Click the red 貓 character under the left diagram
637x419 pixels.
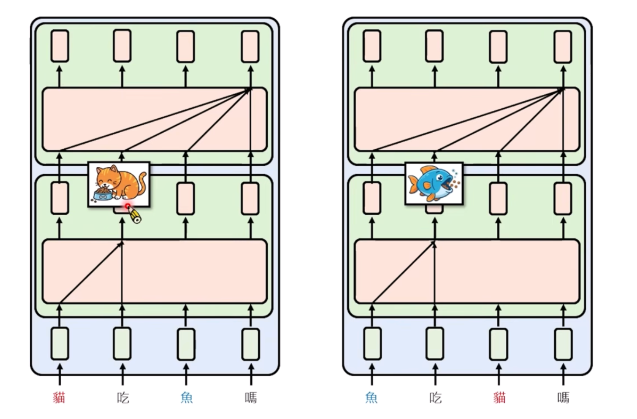click(x=59, y=398)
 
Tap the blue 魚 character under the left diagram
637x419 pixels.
click(x=187, y=398)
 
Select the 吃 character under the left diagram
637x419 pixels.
click(x=123, y=398)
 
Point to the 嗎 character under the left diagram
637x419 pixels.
click(x=251, y=398)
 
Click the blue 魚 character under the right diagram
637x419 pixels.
click(x=372, y=398)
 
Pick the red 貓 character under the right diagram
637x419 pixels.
click(x=499, y=398)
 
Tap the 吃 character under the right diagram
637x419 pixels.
click(x=435, y=398)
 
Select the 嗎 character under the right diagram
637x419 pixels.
click(x=563, y=398)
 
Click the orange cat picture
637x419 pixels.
click(x=119, y=184)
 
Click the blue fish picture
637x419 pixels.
click(x=433, y=183)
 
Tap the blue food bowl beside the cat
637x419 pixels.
click(x=103, y=195)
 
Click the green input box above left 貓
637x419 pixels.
click(x=60, y=343)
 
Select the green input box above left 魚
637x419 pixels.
click(x=186, y=344)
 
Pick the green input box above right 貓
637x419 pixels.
click(x=498, y=344)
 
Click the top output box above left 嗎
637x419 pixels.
click(x=250, y=46)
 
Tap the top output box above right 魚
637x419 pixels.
click(x=372, y=46)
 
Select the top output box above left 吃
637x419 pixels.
click(x=122, y=46)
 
